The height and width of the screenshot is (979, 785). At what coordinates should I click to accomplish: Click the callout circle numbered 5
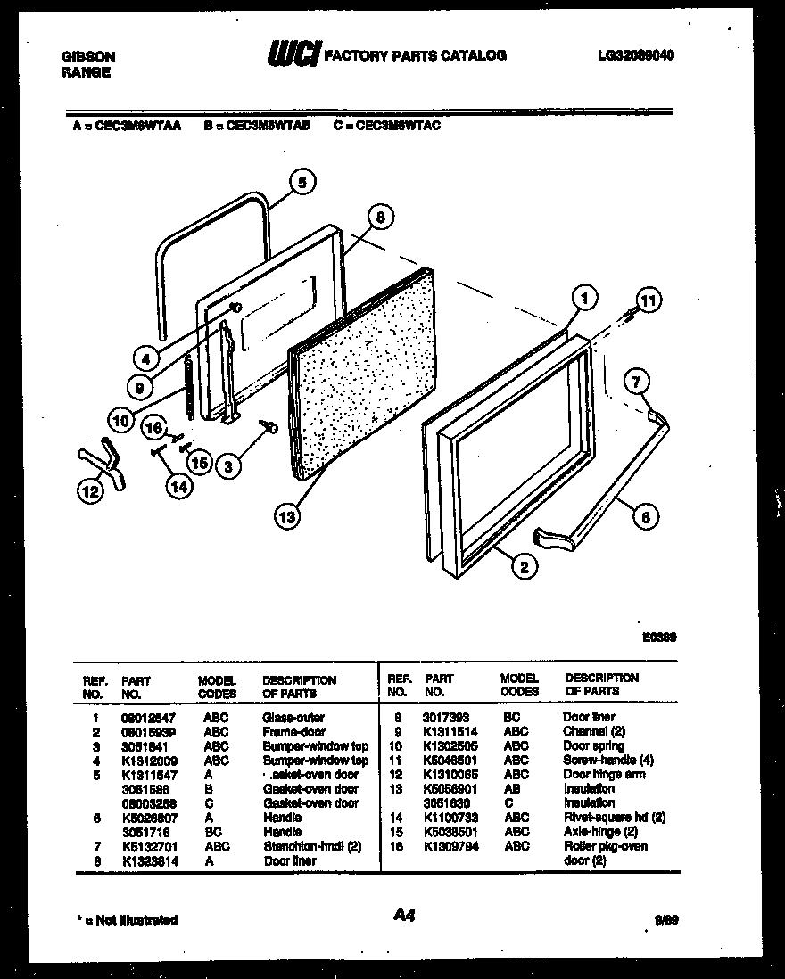(x=302, y=182)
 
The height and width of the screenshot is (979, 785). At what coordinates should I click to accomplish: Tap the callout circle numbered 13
(x=287, y=514)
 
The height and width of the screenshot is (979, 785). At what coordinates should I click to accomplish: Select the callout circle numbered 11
(x=649, y=301)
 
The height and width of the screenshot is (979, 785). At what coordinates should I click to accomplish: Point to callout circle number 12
(x=89, y=489)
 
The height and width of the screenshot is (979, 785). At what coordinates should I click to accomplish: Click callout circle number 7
(x=634, y=383)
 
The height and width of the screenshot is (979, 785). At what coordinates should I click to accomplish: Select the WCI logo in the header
(x=293, y=54)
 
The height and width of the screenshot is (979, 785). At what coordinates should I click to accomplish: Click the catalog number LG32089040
(x=635, y=55)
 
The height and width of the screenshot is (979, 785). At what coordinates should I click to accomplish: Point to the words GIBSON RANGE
(x=87, y=64)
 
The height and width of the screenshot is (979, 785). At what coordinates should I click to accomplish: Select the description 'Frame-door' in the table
(x=293, y=731)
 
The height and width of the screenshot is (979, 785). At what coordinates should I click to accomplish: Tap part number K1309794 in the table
(x=451, y=845)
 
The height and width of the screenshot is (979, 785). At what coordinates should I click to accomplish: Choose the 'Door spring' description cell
(x=593, y=745)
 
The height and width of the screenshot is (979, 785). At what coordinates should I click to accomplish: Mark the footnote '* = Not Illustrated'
(x=124, y=919)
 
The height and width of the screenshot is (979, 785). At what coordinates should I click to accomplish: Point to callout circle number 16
(x=155, y=428)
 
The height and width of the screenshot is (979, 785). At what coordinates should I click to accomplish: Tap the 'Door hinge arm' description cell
(x=604, y=774)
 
